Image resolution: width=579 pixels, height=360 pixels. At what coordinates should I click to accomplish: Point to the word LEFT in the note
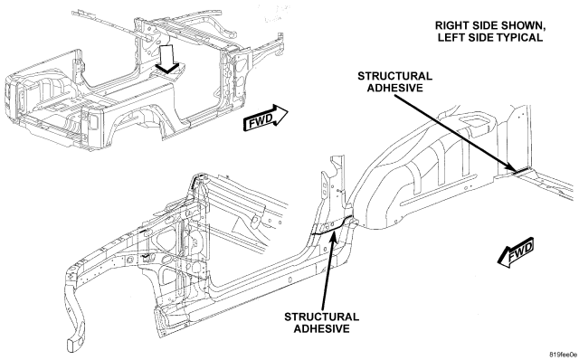(x=450, y=37)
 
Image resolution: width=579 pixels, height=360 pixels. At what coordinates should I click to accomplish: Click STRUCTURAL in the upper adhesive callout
(x=394, y=76)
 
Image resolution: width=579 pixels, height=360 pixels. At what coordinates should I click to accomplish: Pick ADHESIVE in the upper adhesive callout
(x=394, y=88)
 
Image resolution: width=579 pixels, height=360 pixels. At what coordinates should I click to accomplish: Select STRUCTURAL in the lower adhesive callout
(x=322, y=317)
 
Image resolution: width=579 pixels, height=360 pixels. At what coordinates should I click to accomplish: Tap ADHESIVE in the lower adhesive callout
(x=322, y=328)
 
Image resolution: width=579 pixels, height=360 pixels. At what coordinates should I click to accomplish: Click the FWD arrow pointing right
(x=265, y=118)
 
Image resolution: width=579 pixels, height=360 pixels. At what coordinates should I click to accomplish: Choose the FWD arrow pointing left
(x=517, y=252)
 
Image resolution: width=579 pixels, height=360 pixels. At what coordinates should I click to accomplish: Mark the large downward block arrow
(x=168, y=58)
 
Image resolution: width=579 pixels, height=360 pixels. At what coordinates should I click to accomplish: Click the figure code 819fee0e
(x=563, y=355)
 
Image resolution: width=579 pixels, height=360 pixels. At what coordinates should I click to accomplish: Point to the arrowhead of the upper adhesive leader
(x=516, y=169)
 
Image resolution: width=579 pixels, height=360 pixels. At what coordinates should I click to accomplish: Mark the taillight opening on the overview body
(x=93, y=121)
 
